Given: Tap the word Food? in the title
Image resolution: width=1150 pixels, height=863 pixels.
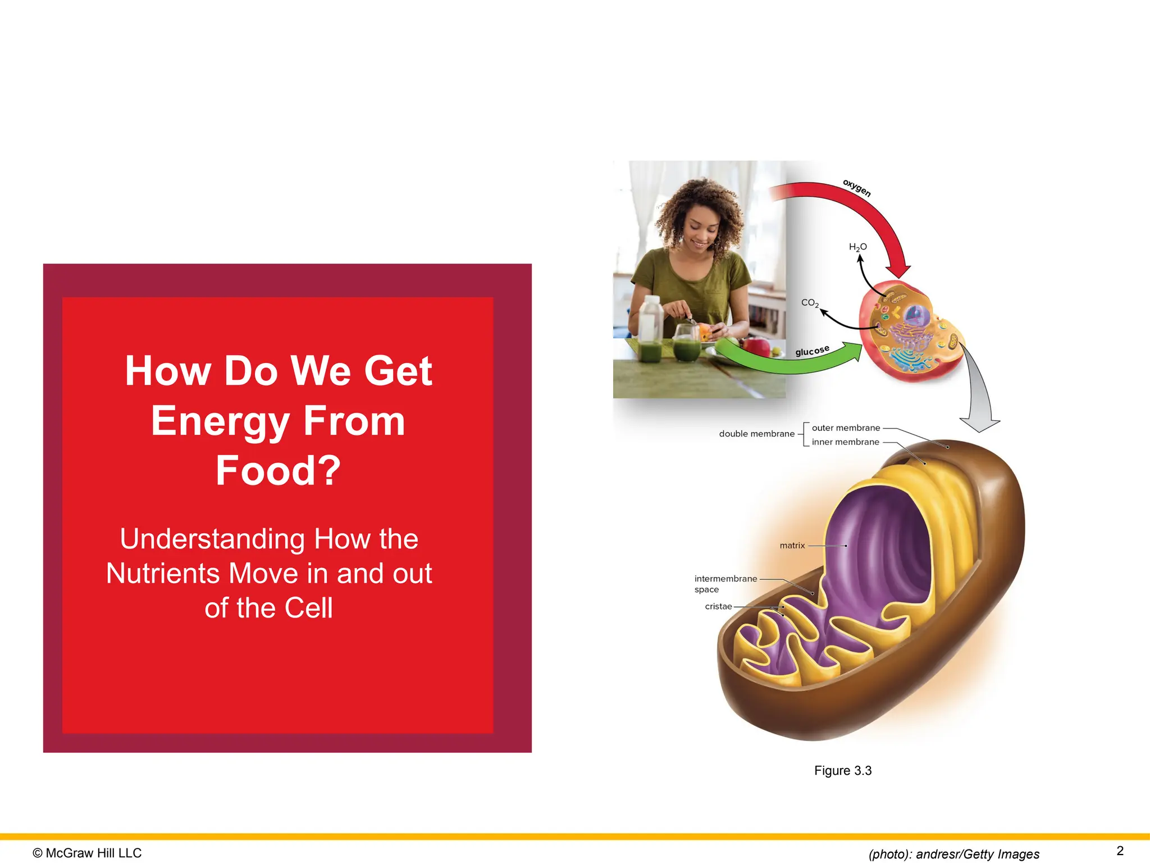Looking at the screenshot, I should pyautogui.click(x=279, y=471).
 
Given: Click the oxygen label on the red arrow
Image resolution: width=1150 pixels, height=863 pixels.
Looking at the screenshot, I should pyautogui.click(x=857, y=188).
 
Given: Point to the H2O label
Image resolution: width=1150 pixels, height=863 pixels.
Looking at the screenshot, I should pyautogui.click(x=857, y=247).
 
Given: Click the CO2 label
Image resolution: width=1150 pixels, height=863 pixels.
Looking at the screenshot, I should pyautogui.click(x=810, y=303).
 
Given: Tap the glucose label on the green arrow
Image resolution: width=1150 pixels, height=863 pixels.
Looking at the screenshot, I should pyautogui.click(x=812, y=351).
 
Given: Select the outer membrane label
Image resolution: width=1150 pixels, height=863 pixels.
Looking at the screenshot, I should pyautogui.click(x=846, y=428).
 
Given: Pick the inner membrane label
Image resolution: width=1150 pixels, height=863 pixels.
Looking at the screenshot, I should pyautogui.click(x=845, y=442).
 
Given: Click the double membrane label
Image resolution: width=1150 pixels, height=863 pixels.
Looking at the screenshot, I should pyautogui.click(x=756, y=434).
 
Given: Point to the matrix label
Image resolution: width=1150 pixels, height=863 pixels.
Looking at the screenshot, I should pyautogui.click(x=792, y=546).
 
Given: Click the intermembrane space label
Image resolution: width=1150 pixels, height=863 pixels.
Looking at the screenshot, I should pyautogui.click(x=725, y=584).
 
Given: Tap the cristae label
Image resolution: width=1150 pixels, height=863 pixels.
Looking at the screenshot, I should pyautogui.click(x=718, y=607).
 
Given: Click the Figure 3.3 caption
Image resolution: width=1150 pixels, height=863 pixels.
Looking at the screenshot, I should pyautogui.click(x=842, y=771).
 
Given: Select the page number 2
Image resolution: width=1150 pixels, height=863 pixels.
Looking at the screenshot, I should pyautogui.click(x=1120, y=851).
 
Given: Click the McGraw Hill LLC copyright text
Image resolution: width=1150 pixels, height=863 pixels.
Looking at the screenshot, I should pyautogui.click(x=88, y=853).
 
